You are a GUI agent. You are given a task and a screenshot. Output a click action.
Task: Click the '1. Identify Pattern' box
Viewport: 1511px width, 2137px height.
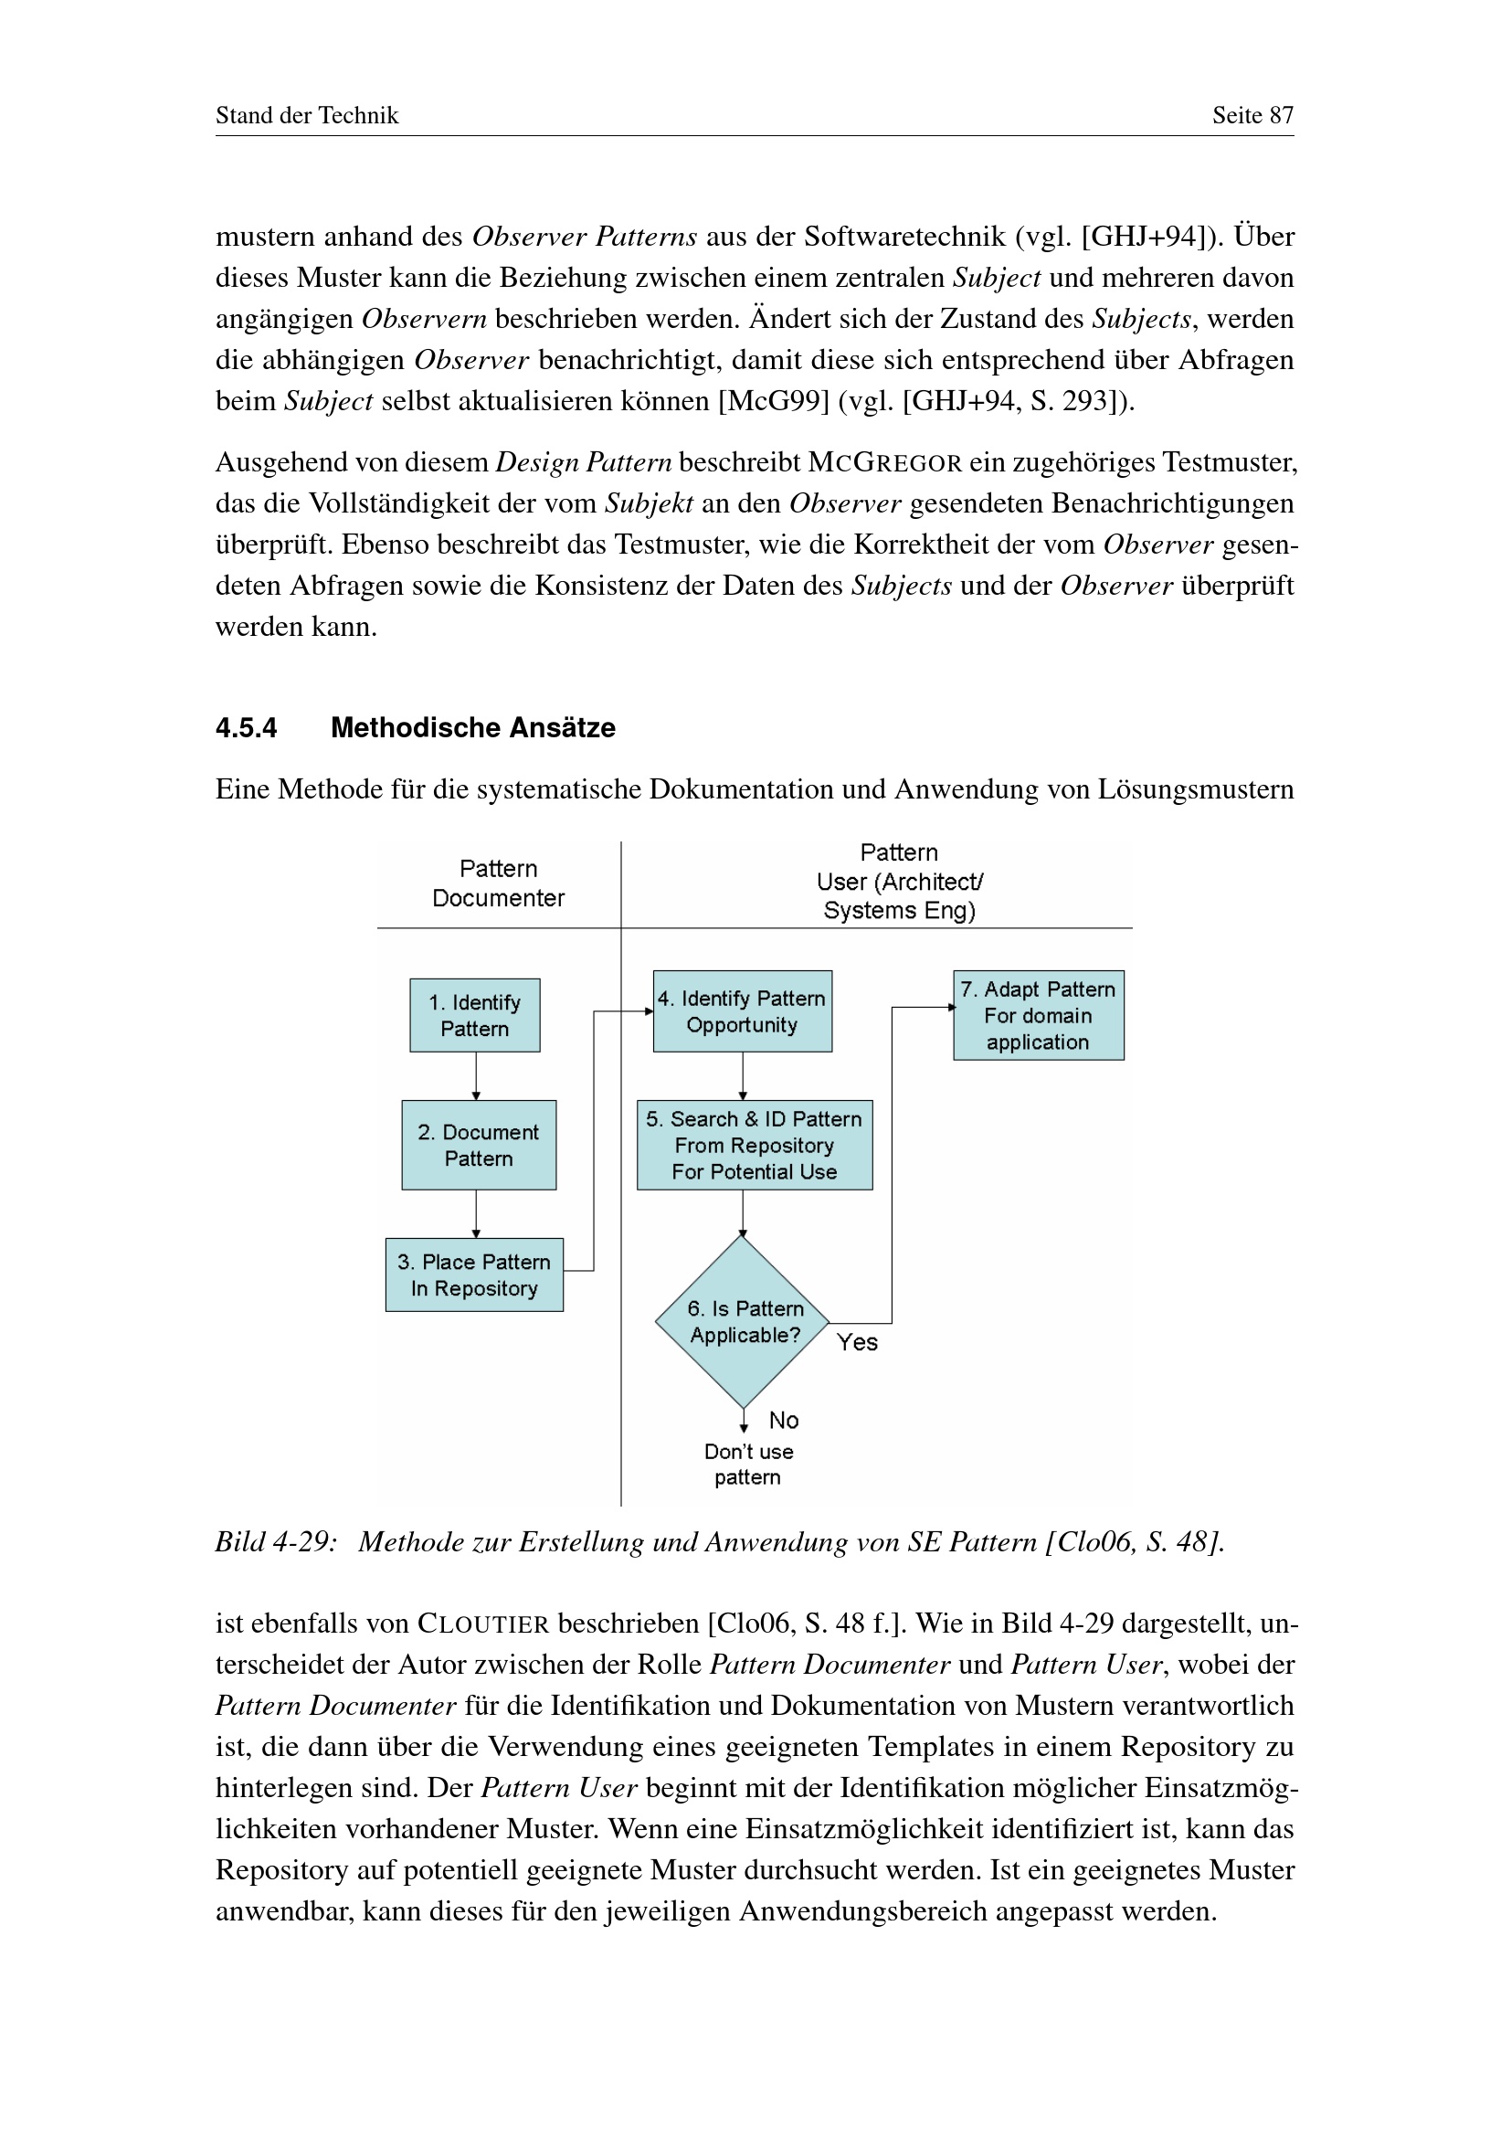click(x=474, y=1015)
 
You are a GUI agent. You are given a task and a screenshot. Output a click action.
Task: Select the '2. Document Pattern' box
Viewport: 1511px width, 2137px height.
click(x=478, y=1145)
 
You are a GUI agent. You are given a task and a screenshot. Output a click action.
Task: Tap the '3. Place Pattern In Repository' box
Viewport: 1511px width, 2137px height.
click(x=473, y=1275)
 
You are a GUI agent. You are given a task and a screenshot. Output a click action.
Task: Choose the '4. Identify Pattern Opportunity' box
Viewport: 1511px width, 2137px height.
click(x=743, y=1011)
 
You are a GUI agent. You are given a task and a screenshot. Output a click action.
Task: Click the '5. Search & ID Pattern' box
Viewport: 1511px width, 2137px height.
click(x=755, y=1145)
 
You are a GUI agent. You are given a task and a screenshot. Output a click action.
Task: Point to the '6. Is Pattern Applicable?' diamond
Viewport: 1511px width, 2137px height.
click(x=743, y=1322)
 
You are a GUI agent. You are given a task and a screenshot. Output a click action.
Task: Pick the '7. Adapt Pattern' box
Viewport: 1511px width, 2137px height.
click(x=1039, y=1015)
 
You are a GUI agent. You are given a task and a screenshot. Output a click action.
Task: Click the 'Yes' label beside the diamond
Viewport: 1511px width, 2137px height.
click(x=857, y=1342)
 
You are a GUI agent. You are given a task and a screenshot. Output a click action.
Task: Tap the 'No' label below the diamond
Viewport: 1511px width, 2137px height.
click(x=784, y=1421)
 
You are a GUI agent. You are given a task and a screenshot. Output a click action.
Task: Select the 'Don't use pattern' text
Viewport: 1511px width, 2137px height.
click(x=748, y=1464)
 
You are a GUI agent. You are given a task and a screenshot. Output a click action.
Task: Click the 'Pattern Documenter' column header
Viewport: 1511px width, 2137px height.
click(x=498, y=883)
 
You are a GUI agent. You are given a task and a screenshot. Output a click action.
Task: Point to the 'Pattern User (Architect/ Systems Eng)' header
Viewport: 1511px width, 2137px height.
click(x=899, y=882)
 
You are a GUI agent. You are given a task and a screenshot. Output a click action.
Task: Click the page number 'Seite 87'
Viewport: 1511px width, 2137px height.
click(x=1252, y=115)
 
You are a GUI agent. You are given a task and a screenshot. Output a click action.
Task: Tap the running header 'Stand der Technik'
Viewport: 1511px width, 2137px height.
click(x=307, y=115)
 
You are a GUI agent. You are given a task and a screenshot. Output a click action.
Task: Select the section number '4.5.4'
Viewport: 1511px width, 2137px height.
click(x=246, y=728)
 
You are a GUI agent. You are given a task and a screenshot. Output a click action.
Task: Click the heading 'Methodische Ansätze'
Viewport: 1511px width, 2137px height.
click(x=472, y=728)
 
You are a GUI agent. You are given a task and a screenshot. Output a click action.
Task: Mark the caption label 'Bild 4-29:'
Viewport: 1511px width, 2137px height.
click(x=275, y=1542)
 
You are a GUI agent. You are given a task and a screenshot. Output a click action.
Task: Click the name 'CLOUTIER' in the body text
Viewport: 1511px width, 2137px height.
click(x=483, y=1624)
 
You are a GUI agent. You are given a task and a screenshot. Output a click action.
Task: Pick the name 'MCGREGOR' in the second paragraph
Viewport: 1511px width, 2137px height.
click(x=884, y=462)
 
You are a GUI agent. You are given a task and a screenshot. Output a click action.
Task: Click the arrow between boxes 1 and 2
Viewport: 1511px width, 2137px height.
click(x=476, y=1076)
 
